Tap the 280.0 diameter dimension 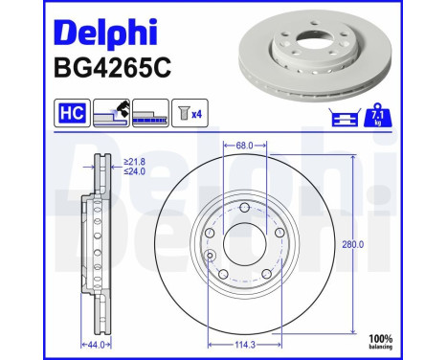(355, 244)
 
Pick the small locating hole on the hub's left (211, 255)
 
